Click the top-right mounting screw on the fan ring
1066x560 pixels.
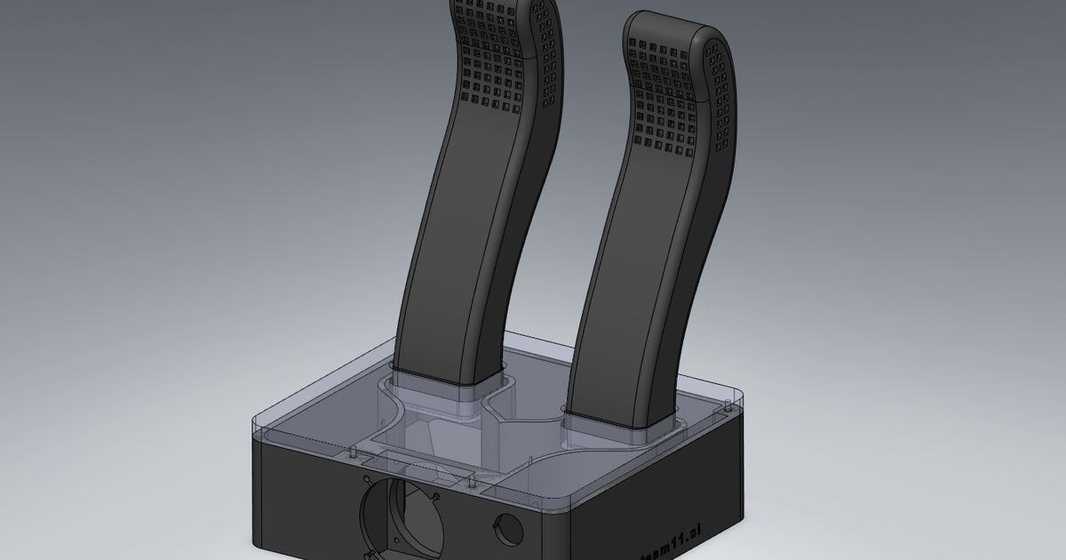click(x=437, y=494)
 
